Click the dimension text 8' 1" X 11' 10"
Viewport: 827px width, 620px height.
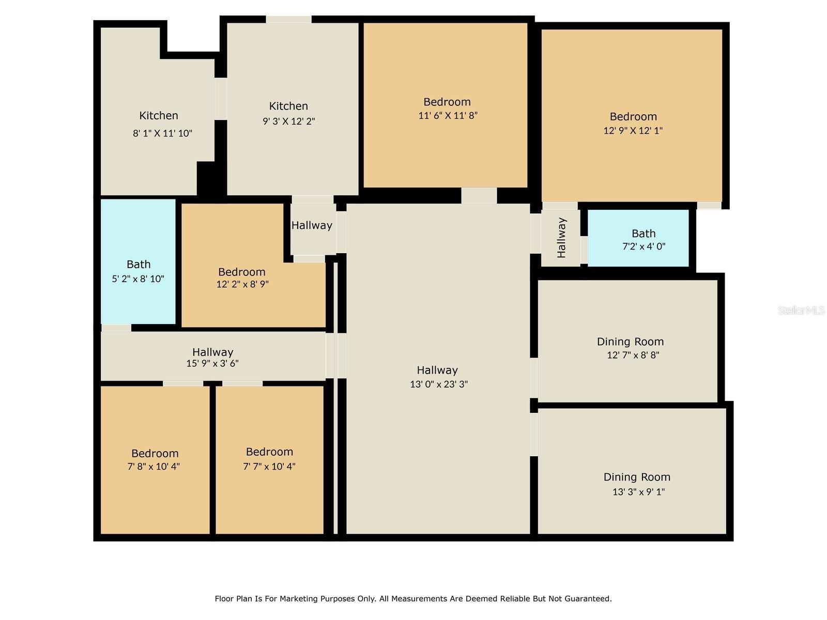point(162,133)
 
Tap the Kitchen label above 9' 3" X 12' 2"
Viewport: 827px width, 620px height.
point(288,106)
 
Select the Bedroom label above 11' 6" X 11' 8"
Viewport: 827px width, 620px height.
point(447,102)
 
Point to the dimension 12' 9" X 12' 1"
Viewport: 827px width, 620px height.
point(633,131)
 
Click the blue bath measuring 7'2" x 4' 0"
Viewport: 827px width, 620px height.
point(639,239)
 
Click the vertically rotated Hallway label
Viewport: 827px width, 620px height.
point(562,238)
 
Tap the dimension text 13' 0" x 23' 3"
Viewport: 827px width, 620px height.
point(439,384)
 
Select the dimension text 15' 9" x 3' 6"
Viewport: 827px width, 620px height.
point(212,363)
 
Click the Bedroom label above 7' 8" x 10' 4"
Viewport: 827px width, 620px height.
point(155,453)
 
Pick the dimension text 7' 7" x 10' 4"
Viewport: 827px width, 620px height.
point(269,466)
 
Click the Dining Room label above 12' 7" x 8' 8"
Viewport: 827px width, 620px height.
point(630,342)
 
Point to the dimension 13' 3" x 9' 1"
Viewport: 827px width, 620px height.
point(638,492)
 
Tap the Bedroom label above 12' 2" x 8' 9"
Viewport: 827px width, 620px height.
point(242,272)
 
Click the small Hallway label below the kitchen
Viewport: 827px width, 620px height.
point(312,225)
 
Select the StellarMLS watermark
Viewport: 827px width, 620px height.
point(801,311)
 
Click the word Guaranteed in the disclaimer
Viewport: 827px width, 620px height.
point(588,599)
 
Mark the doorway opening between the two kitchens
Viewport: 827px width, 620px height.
point(221,99)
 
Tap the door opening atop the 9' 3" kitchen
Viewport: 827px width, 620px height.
point(288,19)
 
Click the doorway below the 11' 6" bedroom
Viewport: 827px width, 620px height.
point(479,195)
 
